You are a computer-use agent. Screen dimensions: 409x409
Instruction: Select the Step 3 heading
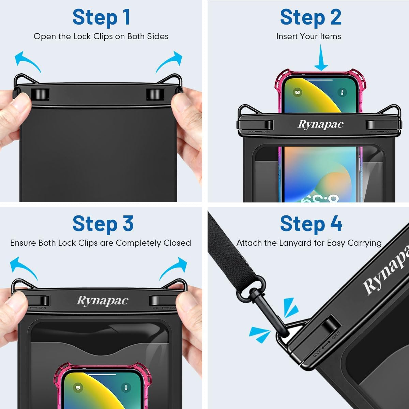(103, 224)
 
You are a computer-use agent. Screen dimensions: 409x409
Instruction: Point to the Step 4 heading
(311, 224)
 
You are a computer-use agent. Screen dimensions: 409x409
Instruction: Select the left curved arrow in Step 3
(23, 268)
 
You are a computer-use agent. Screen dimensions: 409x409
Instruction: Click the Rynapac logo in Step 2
(320, 124)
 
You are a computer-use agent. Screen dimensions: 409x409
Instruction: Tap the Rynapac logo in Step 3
(102, 301)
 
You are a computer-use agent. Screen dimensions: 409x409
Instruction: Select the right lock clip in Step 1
(155, 94)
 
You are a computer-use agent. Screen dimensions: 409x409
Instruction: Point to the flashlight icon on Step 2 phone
(342, 92)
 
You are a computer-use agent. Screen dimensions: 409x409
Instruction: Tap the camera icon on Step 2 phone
(298, 92)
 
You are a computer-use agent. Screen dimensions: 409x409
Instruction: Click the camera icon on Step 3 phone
(78, 388)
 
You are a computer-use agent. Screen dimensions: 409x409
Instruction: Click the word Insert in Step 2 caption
(286, 36)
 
